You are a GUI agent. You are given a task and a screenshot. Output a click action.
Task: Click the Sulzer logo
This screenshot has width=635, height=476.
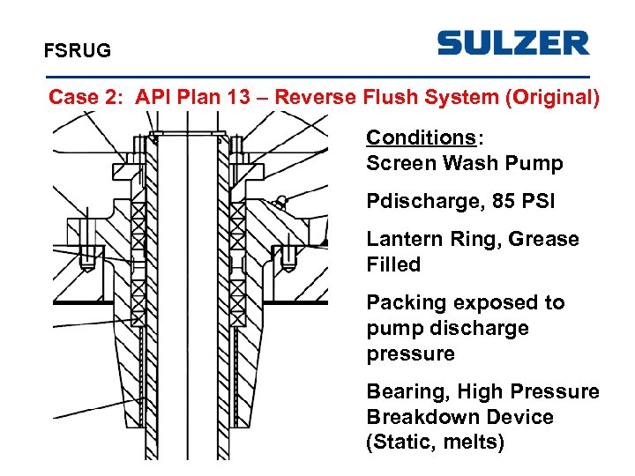pos(512,43)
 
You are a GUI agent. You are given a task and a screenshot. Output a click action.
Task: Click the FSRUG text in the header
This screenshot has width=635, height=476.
pos(78,51)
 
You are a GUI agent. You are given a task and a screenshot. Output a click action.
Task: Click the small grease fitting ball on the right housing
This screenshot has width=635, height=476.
pos(280,198)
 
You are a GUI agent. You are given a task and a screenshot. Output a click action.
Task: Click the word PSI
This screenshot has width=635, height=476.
pos(539,201)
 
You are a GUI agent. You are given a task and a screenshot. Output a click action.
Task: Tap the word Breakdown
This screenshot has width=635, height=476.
pos(415,417)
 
